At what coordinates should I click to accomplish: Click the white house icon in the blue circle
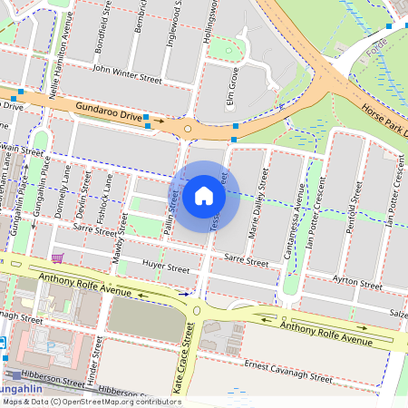(x=204, y=195)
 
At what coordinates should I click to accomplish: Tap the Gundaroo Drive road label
(x=111, y=112)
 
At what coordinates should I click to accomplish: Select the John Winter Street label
(x=127, y=73)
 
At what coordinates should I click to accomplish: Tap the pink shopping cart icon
(x=58, y=258)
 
